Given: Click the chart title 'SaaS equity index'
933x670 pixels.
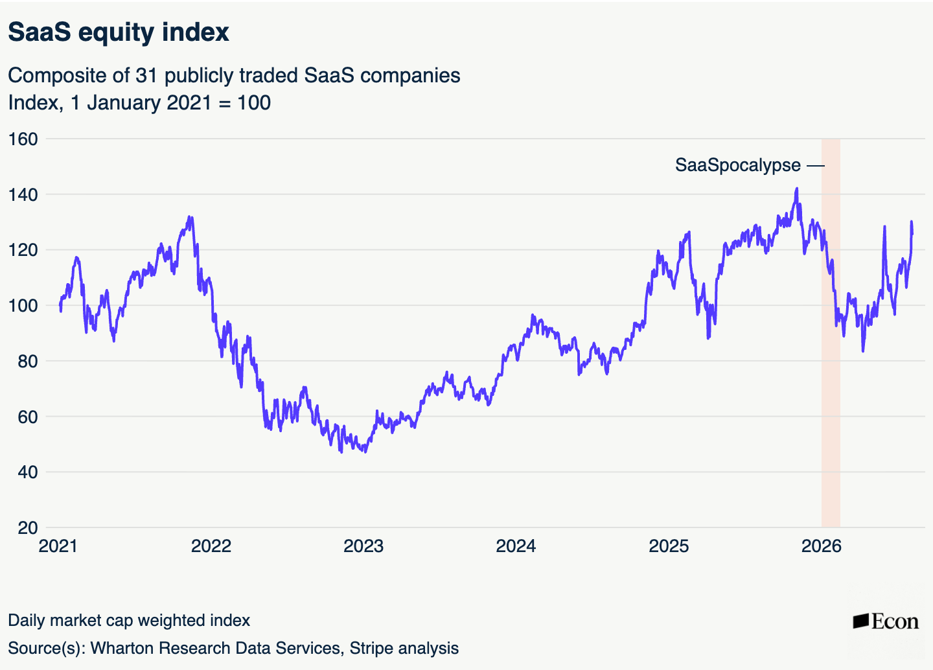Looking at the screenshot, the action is [119, 32].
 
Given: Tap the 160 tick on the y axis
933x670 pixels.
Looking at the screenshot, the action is [23, 139].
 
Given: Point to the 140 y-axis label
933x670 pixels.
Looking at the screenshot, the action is [23, 194].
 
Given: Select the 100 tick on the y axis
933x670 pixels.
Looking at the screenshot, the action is [23, 306].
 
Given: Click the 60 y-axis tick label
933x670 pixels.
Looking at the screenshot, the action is [28, 417].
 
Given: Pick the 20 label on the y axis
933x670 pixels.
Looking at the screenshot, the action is [28, 528].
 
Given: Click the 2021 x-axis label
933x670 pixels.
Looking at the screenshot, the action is [58, 546].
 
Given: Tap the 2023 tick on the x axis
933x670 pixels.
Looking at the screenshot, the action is [363, 546].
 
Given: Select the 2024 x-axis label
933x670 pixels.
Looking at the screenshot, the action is [516, 546].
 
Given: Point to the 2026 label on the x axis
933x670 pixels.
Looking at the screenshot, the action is [822, 546].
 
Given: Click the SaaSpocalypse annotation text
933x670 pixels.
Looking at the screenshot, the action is [737, 166].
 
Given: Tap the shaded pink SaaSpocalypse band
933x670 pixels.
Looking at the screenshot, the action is [831, 333].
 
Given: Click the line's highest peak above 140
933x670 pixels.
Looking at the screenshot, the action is [797, 189].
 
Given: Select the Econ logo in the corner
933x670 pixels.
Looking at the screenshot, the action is [886, 621].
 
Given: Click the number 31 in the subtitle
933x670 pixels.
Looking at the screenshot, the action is [146, 76].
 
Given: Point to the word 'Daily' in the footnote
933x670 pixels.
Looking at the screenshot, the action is [26, 621].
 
